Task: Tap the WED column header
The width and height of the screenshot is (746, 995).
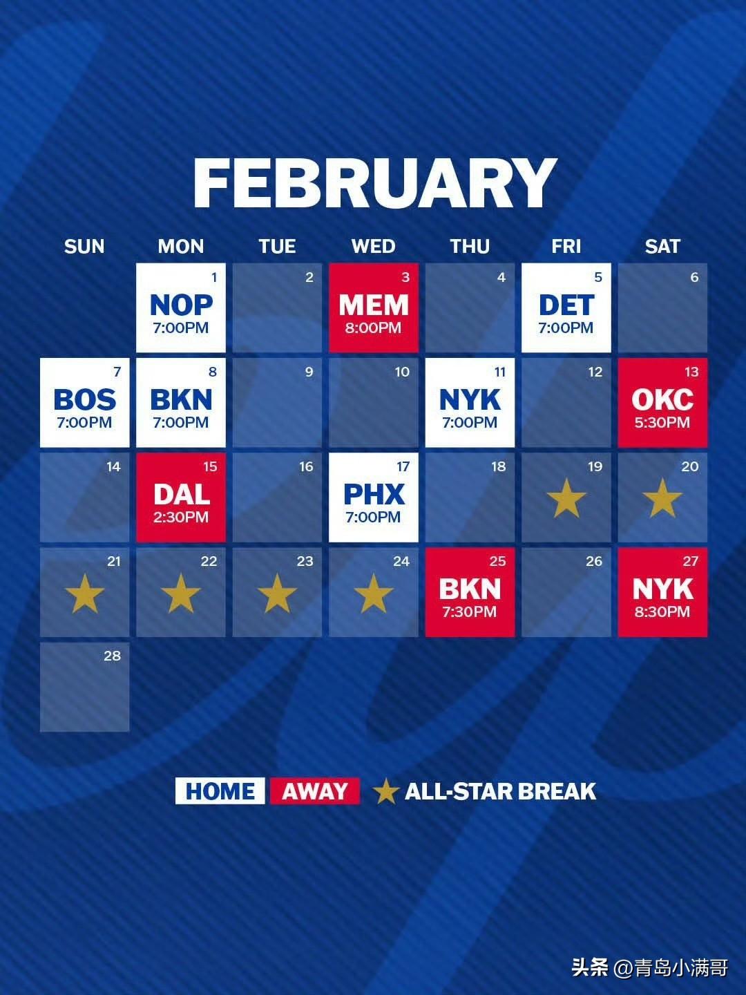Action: (374, 247)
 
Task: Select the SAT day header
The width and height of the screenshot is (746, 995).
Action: (662, 247)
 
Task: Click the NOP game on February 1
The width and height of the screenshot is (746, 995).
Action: (181, 307)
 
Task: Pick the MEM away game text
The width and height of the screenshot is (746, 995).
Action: (374, 305)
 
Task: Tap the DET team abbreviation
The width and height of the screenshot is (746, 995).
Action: (566, 305)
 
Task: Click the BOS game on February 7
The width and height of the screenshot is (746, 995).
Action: (85, 402)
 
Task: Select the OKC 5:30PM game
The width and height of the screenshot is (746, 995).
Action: (662, 402)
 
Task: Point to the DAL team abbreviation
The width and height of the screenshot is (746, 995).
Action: (181, 494)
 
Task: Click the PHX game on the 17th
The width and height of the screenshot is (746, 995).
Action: (374, 497)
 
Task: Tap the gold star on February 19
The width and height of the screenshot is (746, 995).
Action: (566, 498)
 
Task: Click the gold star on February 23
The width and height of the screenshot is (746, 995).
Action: (277, 594)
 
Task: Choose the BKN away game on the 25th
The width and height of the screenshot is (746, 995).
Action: (470, 592)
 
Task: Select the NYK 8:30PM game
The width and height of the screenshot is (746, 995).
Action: (662, 592)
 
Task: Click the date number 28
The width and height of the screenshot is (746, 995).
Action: (113, 656)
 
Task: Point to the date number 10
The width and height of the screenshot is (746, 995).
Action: (402, 372)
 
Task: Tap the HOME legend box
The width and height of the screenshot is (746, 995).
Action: (220, 791)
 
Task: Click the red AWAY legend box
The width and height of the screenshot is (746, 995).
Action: (315, 791)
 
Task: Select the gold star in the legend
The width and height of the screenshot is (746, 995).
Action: (385, 792)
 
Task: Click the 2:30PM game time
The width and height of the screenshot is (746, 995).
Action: (181, 518)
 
